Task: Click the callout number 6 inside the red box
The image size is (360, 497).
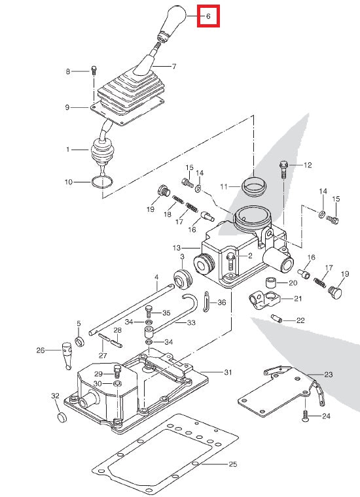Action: click(x=208, y=15)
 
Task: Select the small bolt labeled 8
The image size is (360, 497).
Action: click(x=94, y=70)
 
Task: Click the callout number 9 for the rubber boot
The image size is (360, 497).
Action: click(x=67, y=107)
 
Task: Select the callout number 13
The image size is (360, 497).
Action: click(x=176, y=248)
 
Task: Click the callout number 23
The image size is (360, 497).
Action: click(x=328, y=375)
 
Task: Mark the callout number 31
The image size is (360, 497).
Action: click(x=228, y=372)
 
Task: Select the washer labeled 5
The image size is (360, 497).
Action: click(x=80, y=341)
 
